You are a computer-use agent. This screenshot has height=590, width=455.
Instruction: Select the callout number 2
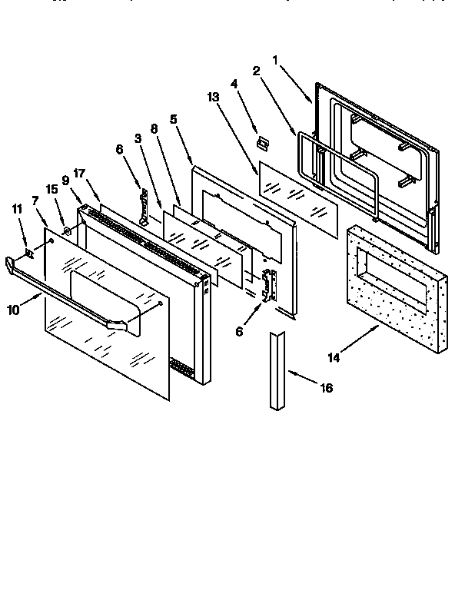[x=257, y=71]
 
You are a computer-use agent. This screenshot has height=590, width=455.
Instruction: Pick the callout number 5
[x=174, y=119]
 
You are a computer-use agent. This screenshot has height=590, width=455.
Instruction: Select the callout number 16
[x=326, y=388]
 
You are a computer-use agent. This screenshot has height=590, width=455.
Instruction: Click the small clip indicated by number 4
[x=263, y=142]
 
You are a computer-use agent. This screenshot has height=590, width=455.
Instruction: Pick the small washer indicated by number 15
[x=68, y=230]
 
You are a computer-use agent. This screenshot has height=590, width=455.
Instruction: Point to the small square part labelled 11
[x=29, y=250]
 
